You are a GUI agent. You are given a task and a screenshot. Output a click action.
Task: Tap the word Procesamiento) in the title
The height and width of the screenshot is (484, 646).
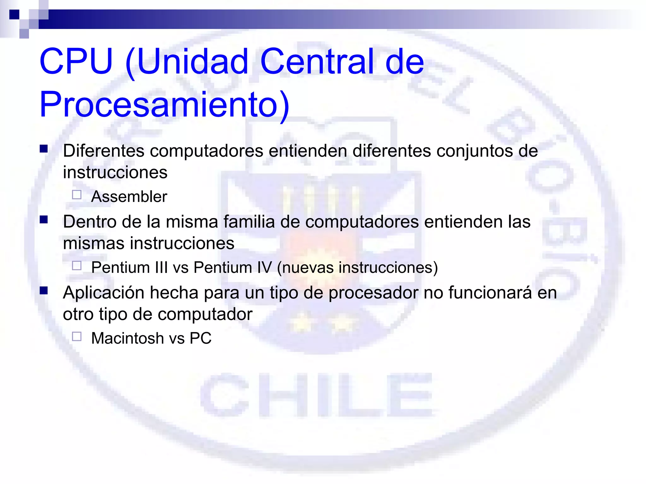point(164,105)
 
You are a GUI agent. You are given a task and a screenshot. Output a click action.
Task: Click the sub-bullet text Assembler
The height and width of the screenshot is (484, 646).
point(129,197)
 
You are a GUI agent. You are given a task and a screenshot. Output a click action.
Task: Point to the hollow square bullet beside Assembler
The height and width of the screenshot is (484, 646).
point(77,195)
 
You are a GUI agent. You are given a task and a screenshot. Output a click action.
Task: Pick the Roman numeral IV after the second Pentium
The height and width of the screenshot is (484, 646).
point(264,268)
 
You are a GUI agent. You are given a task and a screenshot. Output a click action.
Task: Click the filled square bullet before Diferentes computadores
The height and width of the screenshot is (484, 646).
point(44,149)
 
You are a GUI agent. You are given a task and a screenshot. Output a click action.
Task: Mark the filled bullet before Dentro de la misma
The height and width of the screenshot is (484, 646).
point(44,220)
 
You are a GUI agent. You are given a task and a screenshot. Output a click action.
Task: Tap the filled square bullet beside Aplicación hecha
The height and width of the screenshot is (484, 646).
point(44,291)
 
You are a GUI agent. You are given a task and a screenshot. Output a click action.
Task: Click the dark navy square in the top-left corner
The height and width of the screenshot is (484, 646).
point(15,14)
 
